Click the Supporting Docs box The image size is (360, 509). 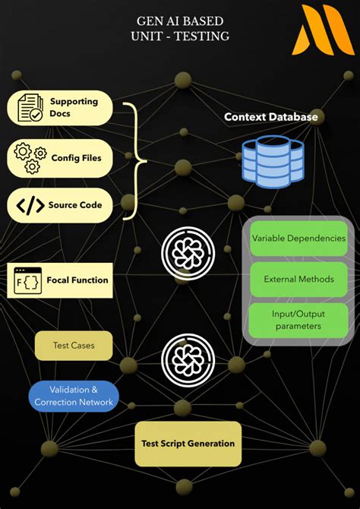pos(60,108)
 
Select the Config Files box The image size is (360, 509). pos(60,157)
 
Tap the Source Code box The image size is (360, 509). pos(60,204)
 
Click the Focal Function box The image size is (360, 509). pos(60,280)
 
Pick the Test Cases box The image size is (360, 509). pos(74,346)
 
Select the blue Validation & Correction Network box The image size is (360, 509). pos(74,396)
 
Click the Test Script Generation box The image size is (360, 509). pos(188,444)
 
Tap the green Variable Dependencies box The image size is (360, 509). pos(298,239)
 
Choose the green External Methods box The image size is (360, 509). pos(298,280)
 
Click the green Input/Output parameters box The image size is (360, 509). pos(298,320)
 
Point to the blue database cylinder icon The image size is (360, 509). pos(273,161)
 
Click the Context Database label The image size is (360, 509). pos(270,117)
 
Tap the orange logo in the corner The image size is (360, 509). pos(322,30)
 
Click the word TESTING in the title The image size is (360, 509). pos(201,36)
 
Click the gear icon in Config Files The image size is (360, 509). pos(27,157)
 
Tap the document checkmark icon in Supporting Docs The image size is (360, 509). pos(30,108)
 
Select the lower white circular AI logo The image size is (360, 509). pos(188,357)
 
